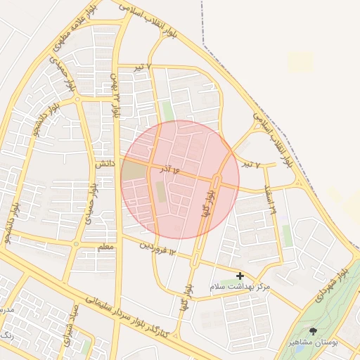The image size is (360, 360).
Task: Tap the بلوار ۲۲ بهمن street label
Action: (x=115, y=96)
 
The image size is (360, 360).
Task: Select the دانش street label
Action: (x=104, y=163)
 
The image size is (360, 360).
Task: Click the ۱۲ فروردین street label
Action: (x=156, y=246)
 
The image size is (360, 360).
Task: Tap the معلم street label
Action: (x=106, y=248)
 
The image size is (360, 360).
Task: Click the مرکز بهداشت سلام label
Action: (x=240, y=288)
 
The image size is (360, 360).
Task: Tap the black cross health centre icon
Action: (x=240, y=276)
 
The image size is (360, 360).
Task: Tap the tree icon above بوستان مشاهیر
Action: (x=313, y=330)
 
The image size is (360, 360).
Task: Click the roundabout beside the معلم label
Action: (x=76, y=244)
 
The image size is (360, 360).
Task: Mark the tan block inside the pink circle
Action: (x=134, y=169)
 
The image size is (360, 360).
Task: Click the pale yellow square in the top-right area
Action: (x=300, y=62)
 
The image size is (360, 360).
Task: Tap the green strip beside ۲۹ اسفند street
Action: (x=287, y=236)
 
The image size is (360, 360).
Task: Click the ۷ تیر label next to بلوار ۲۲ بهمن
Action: (x=143, y=66)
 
